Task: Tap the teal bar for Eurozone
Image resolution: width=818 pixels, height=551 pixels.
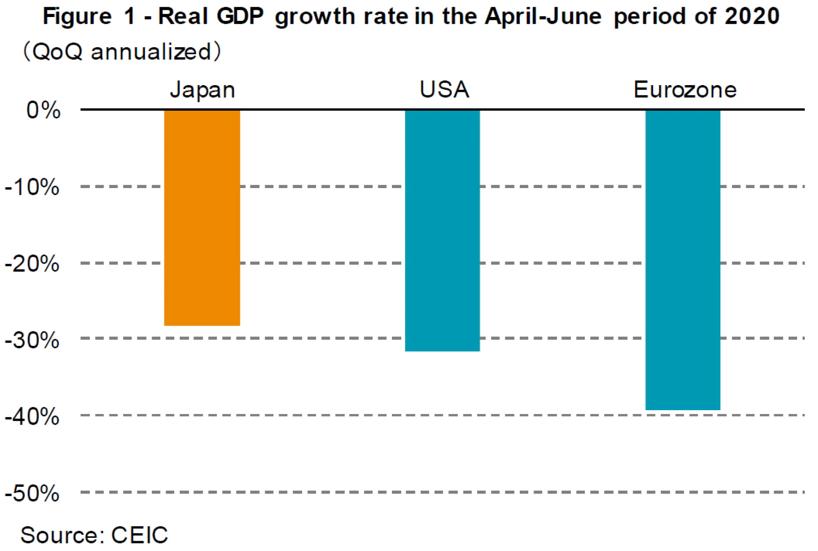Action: (683, 260)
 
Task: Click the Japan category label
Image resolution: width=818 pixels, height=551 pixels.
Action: (202, 90)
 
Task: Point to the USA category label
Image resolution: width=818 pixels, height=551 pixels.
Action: (444, 90)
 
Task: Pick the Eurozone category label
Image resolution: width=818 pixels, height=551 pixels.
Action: (685, 90)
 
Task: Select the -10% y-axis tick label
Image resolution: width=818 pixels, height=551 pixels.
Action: (32, 187)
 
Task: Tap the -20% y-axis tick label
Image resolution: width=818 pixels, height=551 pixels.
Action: (32, 264)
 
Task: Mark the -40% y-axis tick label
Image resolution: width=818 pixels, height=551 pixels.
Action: (32, 417)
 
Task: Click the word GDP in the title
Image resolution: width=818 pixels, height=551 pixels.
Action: (240, 17)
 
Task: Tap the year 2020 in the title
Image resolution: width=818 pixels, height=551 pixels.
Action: (752, 17)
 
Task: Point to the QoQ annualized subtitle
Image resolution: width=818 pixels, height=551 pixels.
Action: (121, 52)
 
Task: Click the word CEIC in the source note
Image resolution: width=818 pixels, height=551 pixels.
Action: (139, 535)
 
